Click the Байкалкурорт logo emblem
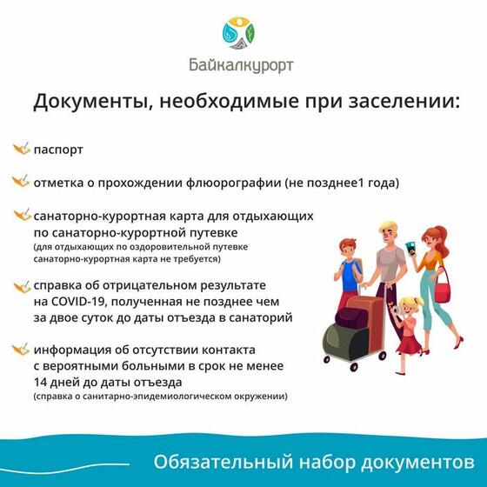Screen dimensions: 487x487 coord(238,33)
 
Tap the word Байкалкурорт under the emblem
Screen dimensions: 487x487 coord(241,65)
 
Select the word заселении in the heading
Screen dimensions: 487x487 coord(404,101)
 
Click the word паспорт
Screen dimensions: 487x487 coord(58,150)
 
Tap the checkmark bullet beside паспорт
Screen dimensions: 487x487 coord(21,149)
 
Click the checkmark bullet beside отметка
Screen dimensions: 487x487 coord(21,181)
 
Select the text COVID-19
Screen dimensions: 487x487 coord(79,302)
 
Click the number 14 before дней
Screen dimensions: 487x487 coord(40,382)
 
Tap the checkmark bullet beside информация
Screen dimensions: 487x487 coord(21,349)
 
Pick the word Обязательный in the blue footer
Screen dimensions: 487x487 coord(223,462)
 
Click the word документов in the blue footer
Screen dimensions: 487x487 coord(417,463)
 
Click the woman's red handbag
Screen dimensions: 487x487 coord(442,290)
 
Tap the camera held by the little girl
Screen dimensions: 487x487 coord(398,310)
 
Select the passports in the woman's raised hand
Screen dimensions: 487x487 coord(411,248)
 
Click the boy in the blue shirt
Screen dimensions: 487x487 coord(349,273)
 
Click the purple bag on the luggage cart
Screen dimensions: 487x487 coord(352,317)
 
